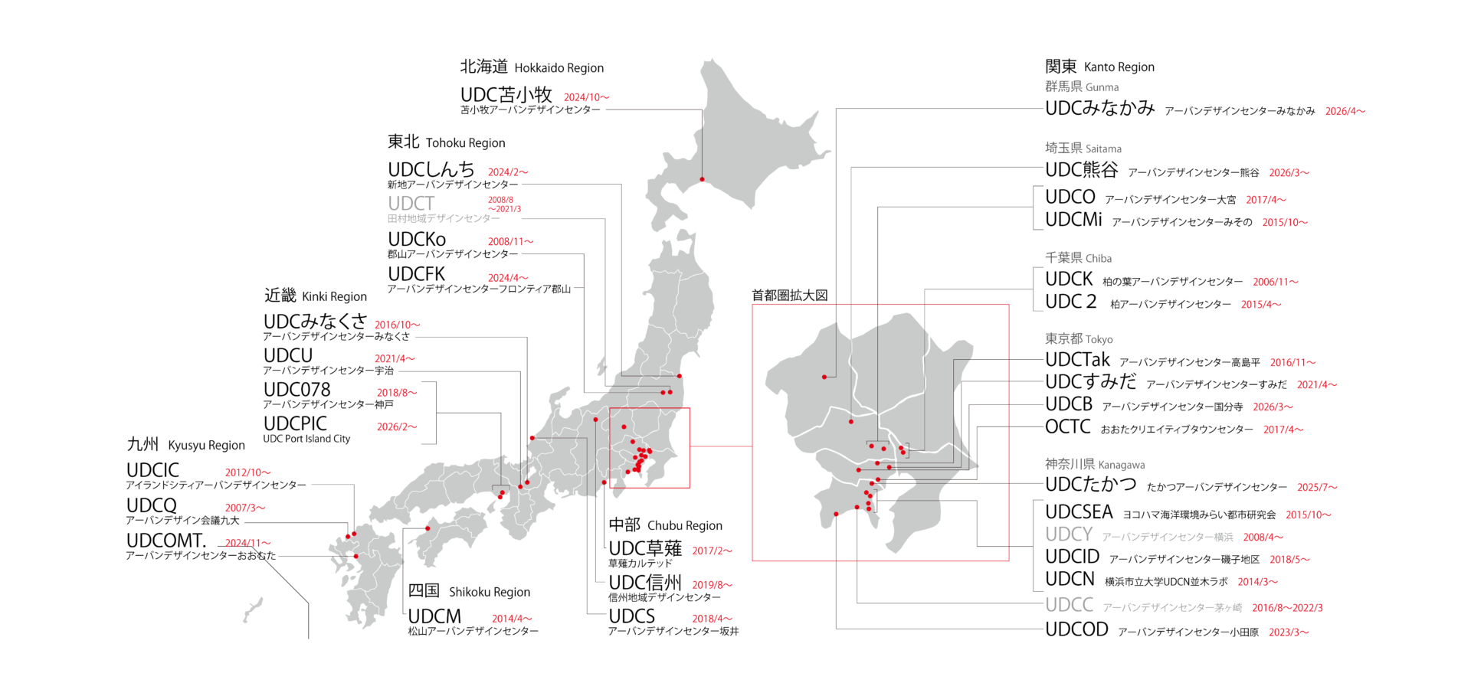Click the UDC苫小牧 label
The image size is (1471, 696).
click(506, 95)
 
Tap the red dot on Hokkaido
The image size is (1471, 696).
click(702, 179)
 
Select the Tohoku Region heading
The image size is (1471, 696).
click(446, 142)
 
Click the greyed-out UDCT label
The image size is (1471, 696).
click(411, 204)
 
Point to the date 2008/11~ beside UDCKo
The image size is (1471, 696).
click(510, 242)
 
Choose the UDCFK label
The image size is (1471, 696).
click(416, 274)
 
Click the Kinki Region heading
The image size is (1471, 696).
click(316, 296)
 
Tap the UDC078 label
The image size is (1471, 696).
click(296, 390)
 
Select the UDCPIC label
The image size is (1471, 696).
click(295, 423)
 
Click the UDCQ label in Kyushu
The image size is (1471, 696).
click(151, 505)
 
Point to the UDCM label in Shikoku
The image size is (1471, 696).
click(434, 616)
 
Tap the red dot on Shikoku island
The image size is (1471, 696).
click(428, 528)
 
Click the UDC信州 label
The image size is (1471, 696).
click(644, 583)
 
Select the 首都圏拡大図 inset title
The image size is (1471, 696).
click(789, 296)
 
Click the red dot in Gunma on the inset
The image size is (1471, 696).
click(824, 377)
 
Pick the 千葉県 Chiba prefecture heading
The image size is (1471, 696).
click(1078, 258)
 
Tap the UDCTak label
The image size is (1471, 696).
click(1077, 360)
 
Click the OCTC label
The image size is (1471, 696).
click(1067, 427)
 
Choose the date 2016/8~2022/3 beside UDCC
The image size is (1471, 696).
click(1287, 608)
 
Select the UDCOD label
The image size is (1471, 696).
click(1076, 629)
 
